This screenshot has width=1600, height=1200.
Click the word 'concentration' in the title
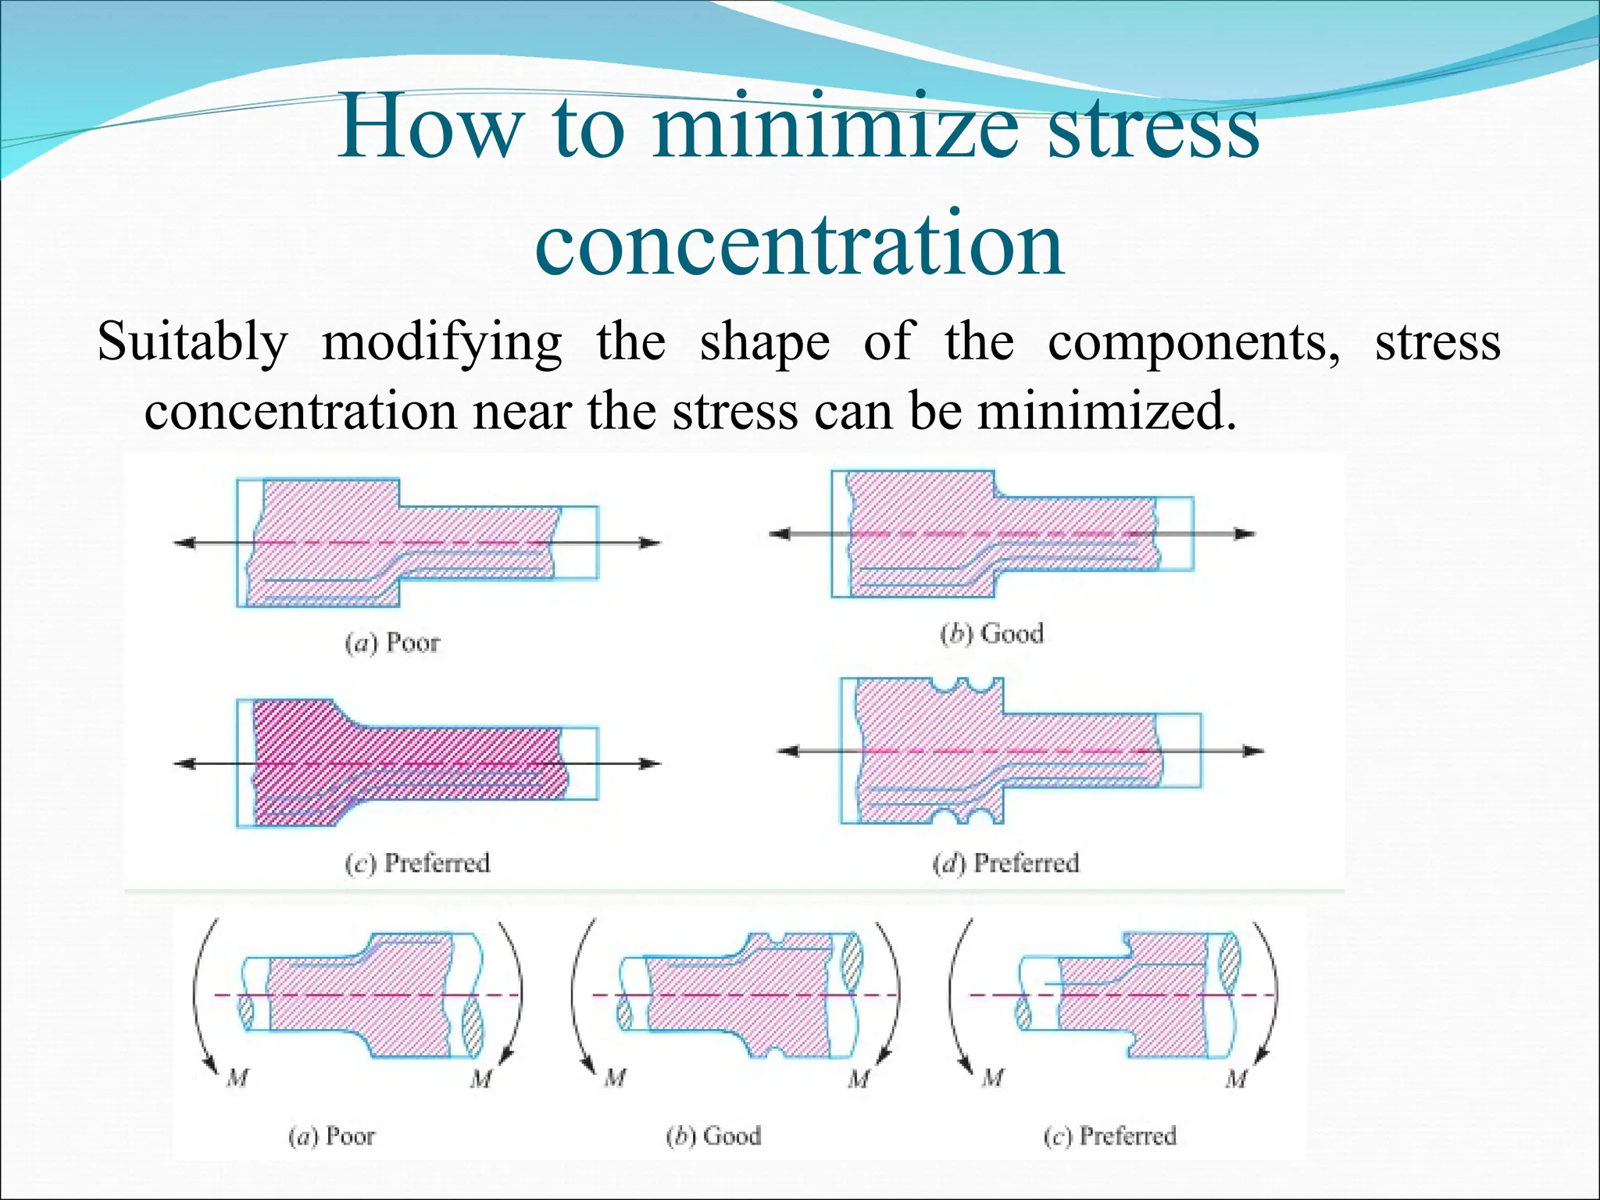click(799, 244)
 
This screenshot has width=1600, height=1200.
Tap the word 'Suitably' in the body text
click(192, 342)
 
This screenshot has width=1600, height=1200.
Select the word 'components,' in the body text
click(1194, 342)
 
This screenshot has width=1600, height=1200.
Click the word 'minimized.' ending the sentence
click(1107, 411)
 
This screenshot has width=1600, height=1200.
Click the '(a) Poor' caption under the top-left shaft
click(393, 643)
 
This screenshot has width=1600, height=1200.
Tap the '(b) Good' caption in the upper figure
click(991, 633)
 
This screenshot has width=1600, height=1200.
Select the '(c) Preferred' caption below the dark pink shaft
click(418, 863)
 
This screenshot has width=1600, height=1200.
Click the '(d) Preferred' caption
click(1005, 863)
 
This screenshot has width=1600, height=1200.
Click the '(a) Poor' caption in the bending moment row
click(332, 1136)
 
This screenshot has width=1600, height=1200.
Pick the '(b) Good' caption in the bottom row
click(713, 1136)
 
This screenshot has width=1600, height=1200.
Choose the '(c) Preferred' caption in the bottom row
click(1109, 1136)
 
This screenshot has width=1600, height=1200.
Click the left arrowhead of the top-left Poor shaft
click(184, 543)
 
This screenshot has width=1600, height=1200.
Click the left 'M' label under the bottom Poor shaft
click(237, 1079)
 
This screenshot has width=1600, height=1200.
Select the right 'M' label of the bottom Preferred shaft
click(1236, 1079)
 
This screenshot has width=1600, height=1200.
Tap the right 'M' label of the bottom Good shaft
click(859, 1079)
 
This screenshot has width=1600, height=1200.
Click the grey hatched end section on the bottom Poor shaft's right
click(473, 1029)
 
